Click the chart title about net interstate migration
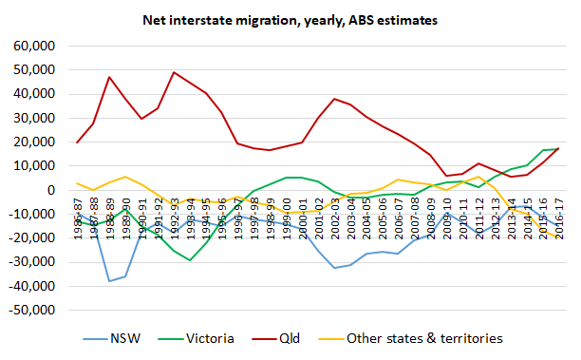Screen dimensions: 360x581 pyautogui.click(x=290, y=18)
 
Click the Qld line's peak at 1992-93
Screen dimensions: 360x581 pyautogui.click(x=174, y=72)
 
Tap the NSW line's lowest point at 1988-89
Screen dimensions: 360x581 pyautogui.click(x=109, y=281)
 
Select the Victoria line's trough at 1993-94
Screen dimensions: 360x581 pyautogui.click(x=190, y=260)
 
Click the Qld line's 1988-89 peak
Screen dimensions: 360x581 pyautogui.click(x=109, y=77)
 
